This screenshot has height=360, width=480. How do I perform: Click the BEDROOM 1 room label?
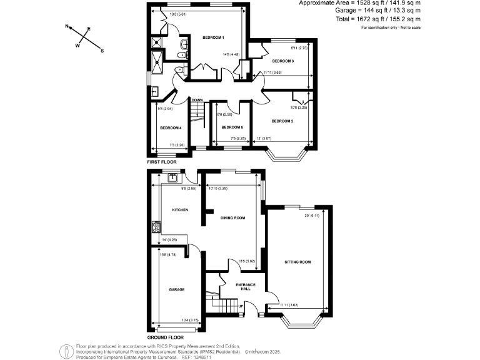click(x=213, y=38)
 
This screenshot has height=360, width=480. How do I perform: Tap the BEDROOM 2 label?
click(x=282, y=120)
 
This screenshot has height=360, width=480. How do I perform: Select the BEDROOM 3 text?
click(x=282, y=61)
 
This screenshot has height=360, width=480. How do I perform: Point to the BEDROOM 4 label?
click(x=170, y=128)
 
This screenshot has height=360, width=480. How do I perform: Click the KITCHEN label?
click(x=180, y=210)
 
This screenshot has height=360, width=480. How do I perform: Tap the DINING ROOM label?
click(x=232, y=218)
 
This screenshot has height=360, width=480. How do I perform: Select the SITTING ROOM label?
click(x=297, y=262)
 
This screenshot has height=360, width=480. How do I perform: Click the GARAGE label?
click(x=176, y=290)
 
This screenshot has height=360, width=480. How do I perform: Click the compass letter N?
click(x=67, y=27)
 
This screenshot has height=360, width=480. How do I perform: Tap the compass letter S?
click(x=102, y=51)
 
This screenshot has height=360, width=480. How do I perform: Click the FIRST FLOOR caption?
click(x=161, y=162)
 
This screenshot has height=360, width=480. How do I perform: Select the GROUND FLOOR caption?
click(x=165, y=337)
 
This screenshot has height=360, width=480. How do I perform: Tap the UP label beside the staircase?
click(x=241, y=306)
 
